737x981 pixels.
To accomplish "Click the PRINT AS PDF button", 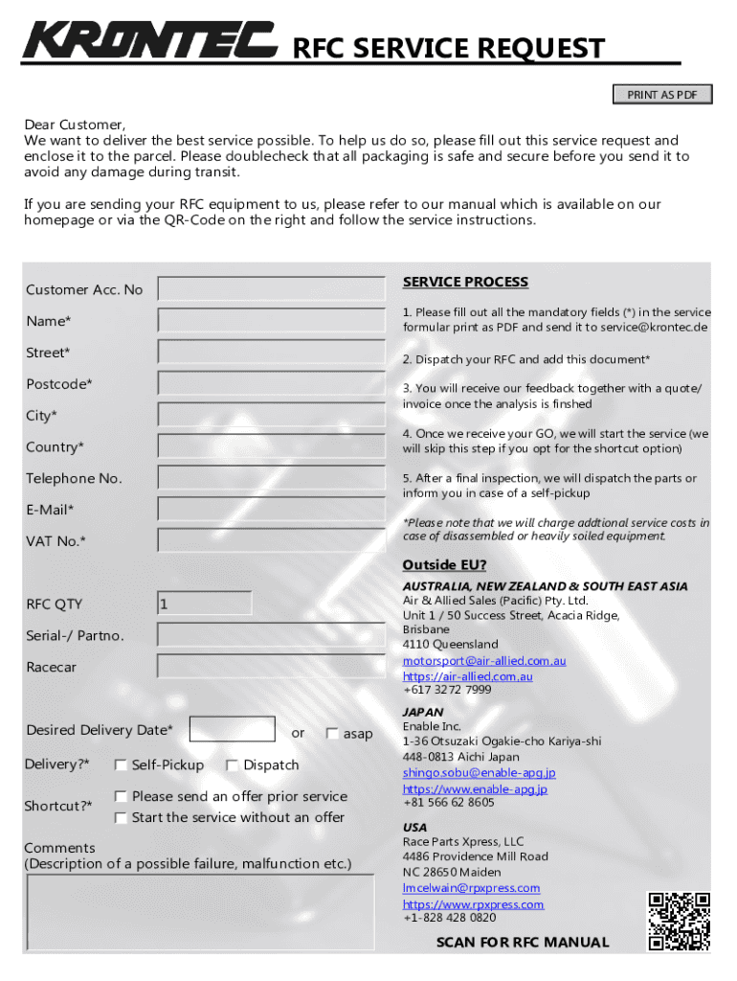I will click(x=662, y=94).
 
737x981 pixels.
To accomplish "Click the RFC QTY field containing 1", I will click(x=205, y=604).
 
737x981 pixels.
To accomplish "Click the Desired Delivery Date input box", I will click(x=232, y=730).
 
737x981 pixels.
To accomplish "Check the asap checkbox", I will click(x=332, y=734).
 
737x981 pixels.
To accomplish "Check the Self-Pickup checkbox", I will click(x=121, y=765).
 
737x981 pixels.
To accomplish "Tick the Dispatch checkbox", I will click(x=233, y=765).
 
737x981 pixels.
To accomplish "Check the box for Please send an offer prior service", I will click(x=121, y=796).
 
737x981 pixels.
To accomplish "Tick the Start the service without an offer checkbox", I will click(x=121, y=818).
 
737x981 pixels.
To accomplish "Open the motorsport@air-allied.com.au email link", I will click(x=484, y=661).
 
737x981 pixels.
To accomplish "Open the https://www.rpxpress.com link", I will click(x=473, y=904).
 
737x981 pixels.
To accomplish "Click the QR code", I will click(x=680, y=922).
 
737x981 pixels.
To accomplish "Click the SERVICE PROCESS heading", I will click(x=465, y=282).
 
